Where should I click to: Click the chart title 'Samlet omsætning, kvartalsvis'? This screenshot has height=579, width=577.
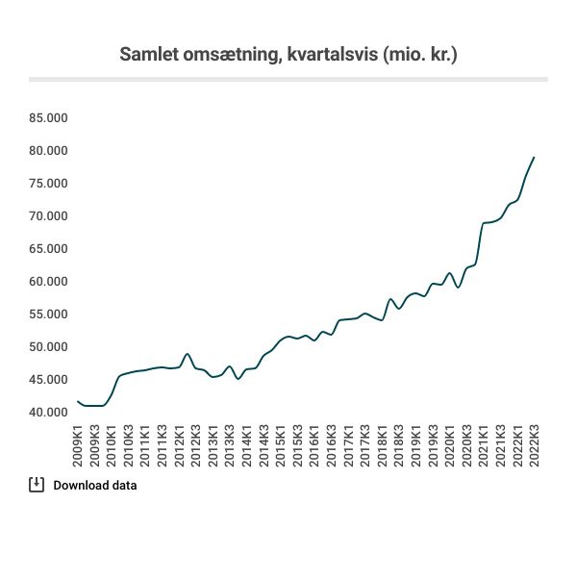coord(248,54)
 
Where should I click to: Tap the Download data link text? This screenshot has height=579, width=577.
coord(95,485)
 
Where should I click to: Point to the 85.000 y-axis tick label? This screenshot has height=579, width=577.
coord(48,118)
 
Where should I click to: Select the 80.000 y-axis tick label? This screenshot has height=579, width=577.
coord(48,151)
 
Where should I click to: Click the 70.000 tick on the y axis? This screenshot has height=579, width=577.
coord(48,216)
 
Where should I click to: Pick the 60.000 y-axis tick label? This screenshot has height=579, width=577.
coord(48,282)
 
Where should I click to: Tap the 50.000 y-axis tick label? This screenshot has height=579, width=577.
coord(48,347)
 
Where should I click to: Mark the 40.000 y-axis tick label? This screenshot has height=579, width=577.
coord(48,413)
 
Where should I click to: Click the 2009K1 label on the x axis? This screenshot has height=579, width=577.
coord(79,446)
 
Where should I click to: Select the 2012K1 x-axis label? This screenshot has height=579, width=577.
coord(179,446)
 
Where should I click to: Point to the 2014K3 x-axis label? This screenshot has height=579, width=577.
coord(263,446)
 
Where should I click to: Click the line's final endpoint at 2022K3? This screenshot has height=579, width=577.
coord(534,157)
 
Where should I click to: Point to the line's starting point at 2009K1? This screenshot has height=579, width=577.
coord(77,401)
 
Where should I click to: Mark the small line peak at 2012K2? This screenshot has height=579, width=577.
coord(188,354)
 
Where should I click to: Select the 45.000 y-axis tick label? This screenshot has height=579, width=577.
coord(48,380)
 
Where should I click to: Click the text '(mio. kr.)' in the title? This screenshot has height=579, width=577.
coord(418,54)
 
